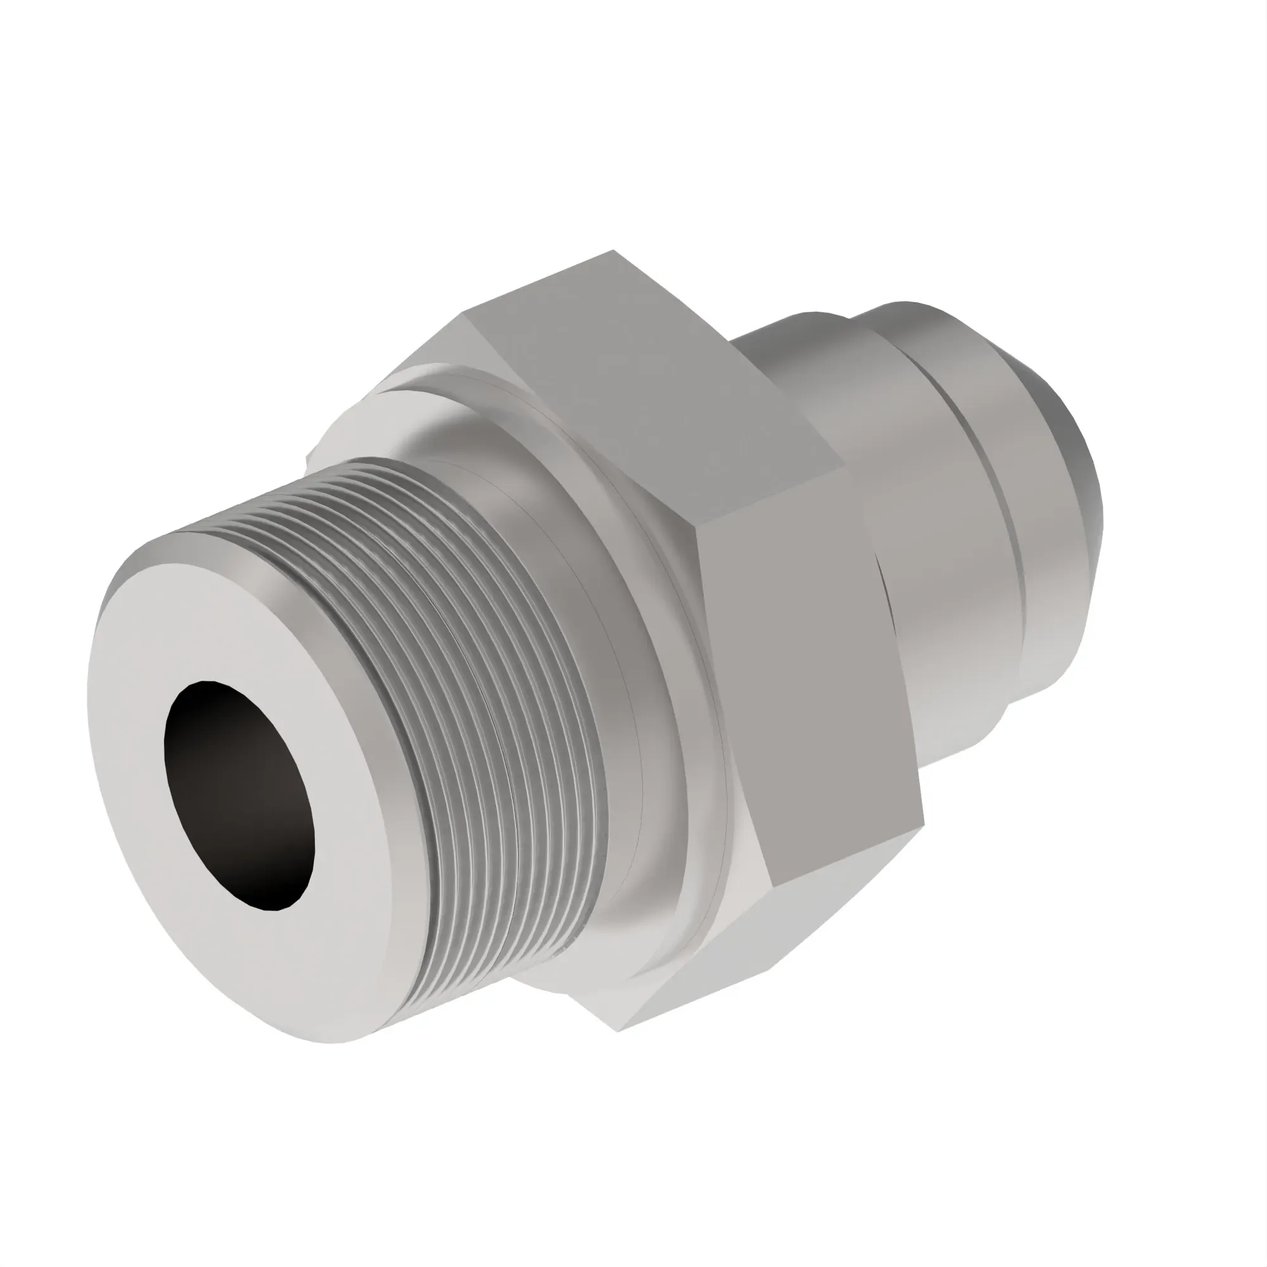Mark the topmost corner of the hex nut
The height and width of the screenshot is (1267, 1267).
pyautogui.click(x=614, y=250)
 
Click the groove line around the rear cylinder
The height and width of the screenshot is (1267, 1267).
pyautogui.click(x=1010, y=525)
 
